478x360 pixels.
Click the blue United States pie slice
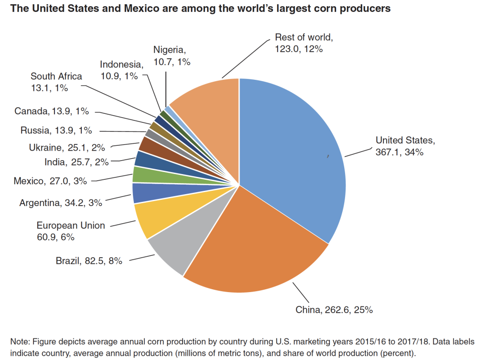tap(292, 153)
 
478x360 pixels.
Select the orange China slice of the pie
tap(249, 244)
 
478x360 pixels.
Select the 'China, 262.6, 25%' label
tap(334, 309)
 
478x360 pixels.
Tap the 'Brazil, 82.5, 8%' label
tap(89, 261)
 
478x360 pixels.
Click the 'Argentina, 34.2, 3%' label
tap(61, 203)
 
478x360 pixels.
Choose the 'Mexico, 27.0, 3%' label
tap(51, 181)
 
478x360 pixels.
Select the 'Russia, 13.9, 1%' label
tap(56, 130)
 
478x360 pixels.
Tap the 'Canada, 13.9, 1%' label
tap(52, 111)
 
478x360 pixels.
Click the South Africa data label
tap(56, 82)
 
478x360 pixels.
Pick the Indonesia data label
tap(121, 70)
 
